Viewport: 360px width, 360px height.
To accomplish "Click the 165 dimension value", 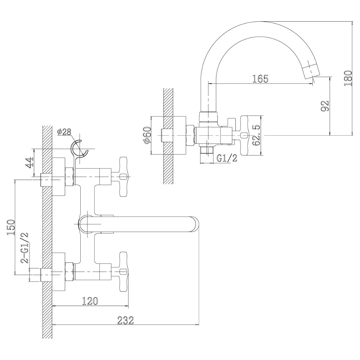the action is [260, 79].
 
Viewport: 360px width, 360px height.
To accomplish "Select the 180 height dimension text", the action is [348, 78].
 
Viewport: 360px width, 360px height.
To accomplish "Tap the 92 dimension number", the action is [325, 106].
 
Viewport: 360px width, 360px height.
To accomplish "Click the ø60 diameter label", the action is [147, 135].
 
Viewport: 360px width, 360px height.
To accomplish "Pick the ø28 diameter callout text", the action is [64, 132].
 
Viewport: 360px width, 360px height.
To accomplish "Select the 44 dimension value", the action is [29, 163].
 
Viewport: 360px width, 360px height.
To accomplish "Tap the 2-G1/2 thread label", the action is [24, 248].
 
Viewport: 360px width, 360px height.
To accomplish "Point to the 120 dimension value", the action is [90, 301].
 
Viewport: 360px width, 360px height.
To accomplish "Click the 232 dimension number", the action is [125, 320].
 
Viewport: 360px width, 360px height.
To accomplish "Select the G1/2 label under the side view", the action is [227, 158].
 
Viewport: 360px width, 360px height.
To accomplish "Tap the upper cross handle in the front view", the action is [123, 176].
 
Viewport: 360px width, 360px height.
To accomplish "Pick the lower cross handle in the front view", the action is [123, 272].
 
